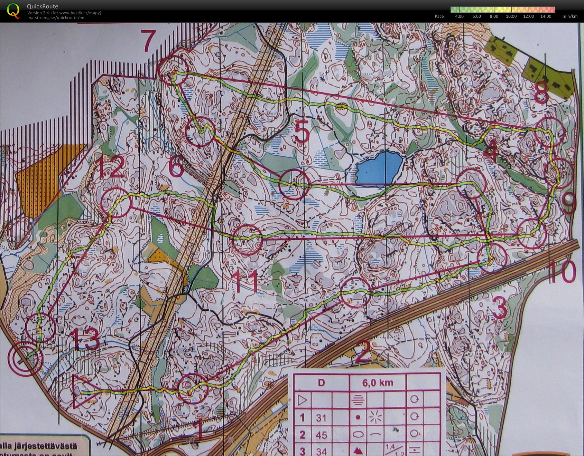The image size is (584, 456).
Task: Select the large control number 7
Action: click(x=148, y=41)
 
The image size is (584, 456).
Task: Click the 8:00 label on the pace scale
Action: click(x=494, y=16)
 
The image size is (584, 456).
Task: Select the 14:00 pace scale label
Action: click(x=546, y=16)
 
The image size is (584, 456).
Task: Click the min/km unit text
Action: click(x=570, y=16)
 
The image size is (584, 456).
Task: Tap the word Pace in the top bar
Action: click(x=439, y=16)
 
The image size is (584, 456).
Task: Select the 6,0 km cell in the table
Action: click(x=378, y=382)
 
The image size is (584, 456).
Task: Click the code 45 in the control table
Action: click(x=321, y=435)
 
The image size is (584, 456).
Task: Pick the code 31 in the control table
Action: click(x=321, y=418)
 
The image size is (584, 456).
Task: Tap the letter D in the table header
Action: click(x=321, y=382)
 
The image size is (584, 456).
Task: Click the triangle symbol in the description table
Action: click(x=302, y=400)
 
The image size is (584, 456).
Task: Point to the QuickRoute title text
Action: click(x=42, y=6)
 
